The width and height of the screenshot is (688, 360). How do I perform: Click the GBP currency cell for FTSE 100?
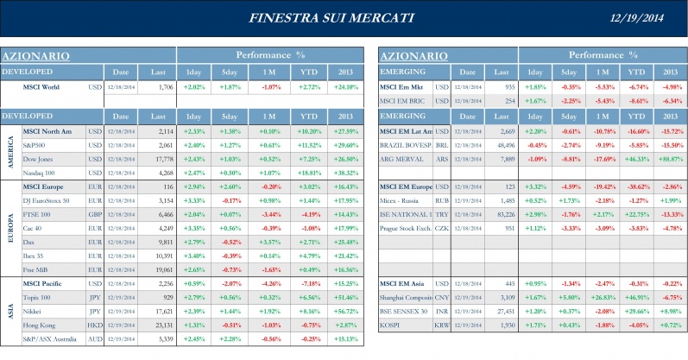pyautogui.click(x=95, y=215)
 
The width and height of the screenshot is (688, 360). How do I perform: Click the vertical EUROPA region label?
pyautogui.click(x=9, y=229)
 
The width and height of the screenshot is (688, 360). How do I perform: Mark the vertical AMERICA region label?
pyautogui.click(x=9, y=152)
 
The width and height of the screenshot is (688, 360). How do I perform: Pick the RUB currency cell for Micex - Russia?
pyautogui.click(x=441, y=201)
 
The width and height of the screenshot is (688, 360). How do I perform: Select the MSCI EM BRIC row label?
pyautogui.click(x=405, y=101)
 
